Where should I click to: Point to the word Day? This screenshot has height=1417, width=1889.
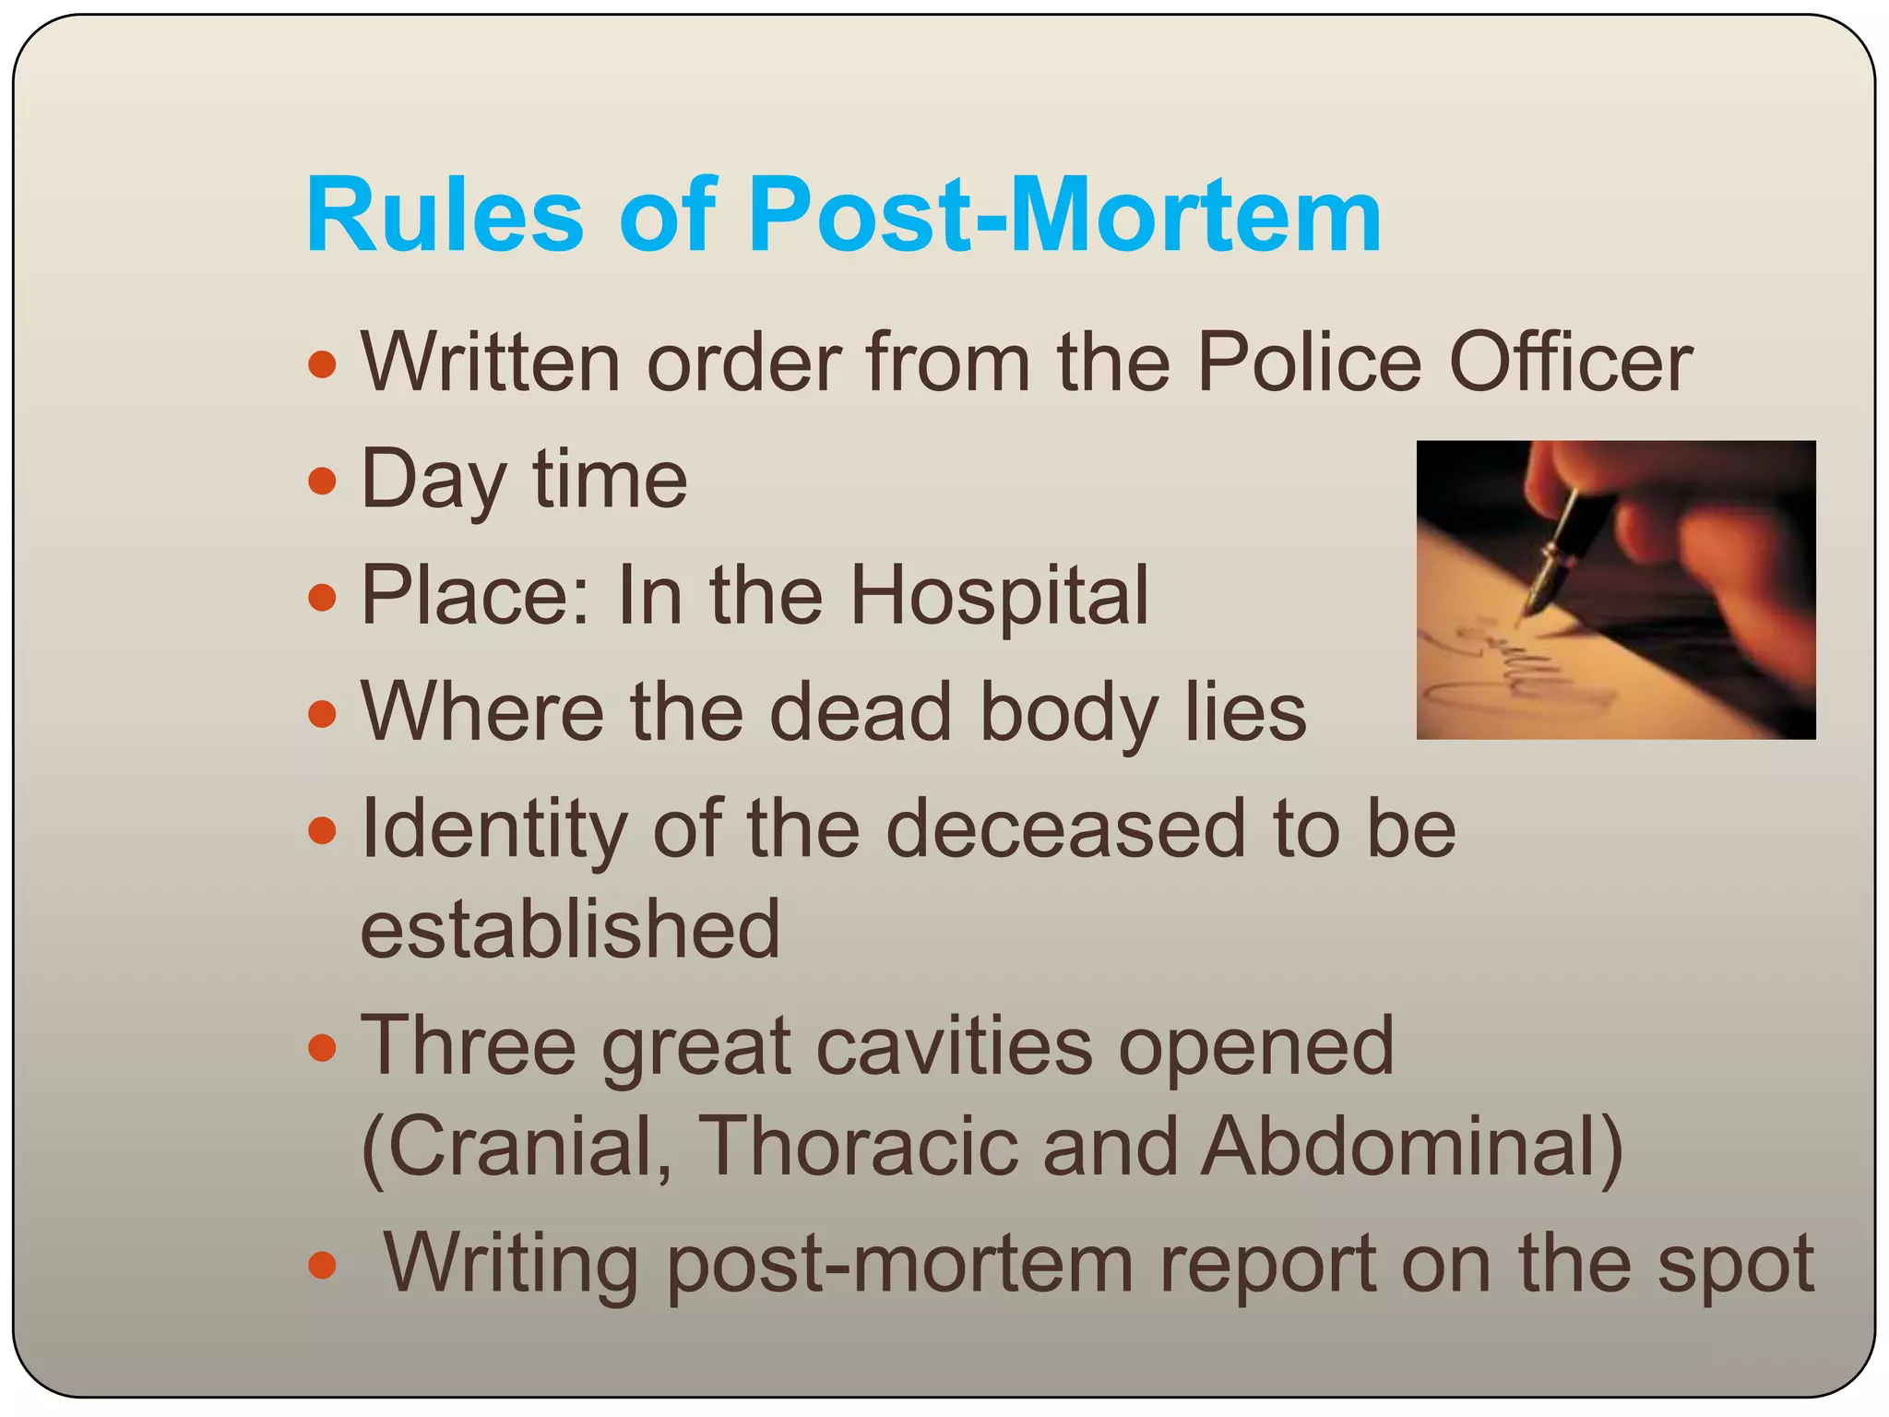(x=434, y=480)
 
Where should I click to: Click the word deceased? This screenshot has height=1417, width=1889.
(x=1065, y=828)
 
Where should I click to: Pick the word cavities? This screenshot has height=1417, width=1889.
(x=954, y=1046)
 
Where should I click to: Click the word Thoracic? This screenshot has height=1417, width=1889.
(x=858, y=1147)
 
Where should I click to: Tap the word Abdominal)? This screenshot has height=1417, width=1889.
(x=1411, y=1147)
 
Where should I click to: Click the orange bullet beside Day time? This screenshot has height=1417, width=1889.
(x=322, y=481)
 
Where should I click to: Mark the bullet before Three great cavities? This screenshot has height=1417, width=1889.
(x=322, y=1048)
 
